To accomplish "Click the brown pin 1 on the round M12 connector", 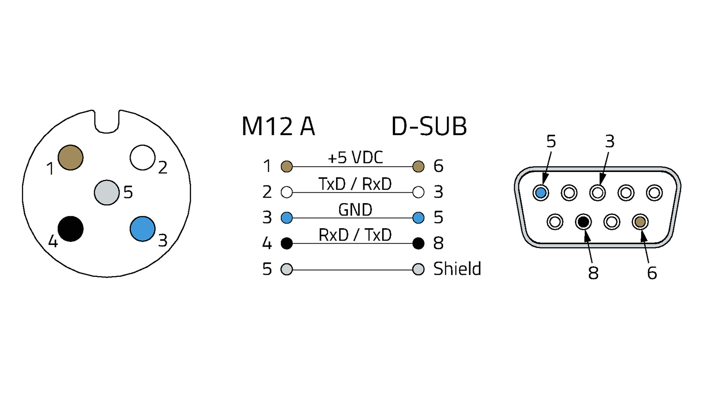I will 70,158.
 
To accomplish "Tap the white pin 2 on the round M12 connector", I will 142,158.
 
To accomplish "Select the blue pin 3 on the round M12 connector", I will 142,229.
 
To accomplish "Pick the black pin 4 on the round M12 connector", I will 70,229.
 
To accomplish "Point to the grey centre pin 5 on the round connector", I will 107,192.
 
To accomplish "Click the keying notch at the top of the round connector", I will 107,123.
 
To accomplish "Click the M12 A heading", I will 278,126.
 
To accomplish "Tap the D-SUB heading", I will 429,126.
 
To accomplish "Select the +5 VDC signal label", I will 355,158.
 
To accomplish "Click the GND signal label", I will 355,210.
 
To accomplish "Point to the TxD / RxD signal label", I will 355,184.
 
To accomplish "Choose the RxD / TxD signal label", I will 355,235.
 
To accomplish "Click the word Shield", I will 457,269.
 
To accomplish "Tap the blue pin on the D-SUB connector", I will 541,192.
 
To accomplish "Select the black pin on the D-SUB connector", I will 583,222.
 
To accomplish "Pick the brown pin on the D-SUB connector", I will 640,222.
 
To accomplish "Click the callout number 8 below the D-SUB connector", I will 593,273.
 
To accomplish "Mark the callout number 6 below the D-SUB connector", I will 652,273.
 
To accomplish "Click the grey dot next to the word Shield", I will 418,269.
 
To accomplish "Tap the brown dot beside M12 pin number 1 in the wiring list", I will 286,166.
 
